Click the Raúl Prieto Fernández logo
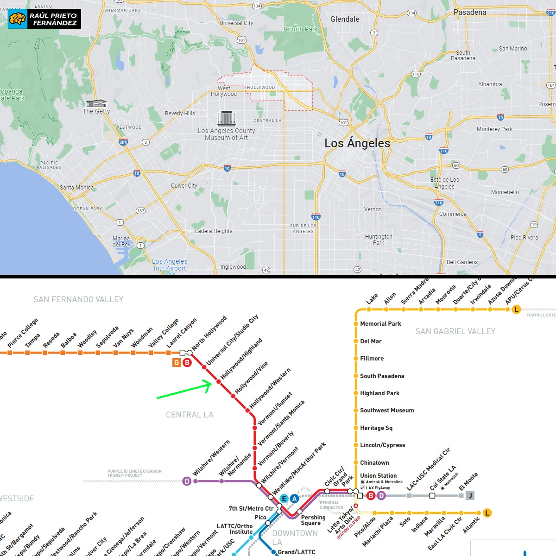(x=44, y=19)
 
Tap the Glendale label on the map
(x=345, y=19)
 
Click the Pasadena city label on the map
(x=470, y=13)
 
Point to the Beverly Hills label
(x=180, y=114)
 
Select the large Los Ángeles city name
(x=357, y=143)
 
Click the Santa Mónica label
(x=76, y=188)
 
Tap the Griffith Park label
(x=301, y=29)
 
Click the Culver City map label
(x=184, y=186)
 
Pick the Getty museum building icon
(x=96, y=103)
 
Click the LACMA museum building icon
(x=226, y=119)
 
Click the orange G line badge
(x=177, y=363)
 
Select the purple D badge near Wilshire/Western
(x=187, y=481)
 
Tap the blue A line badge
(x=294, y=499)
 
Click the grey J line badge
(x=470, y=496)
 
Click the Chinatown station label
(x=374, y=463)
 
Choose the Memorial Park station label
(x=380, y=324)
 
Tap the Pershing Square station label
(x=313, y=520)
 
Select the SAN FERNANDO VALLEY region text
(x=78, y=300)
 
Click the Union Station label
(x=378, y=476)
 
